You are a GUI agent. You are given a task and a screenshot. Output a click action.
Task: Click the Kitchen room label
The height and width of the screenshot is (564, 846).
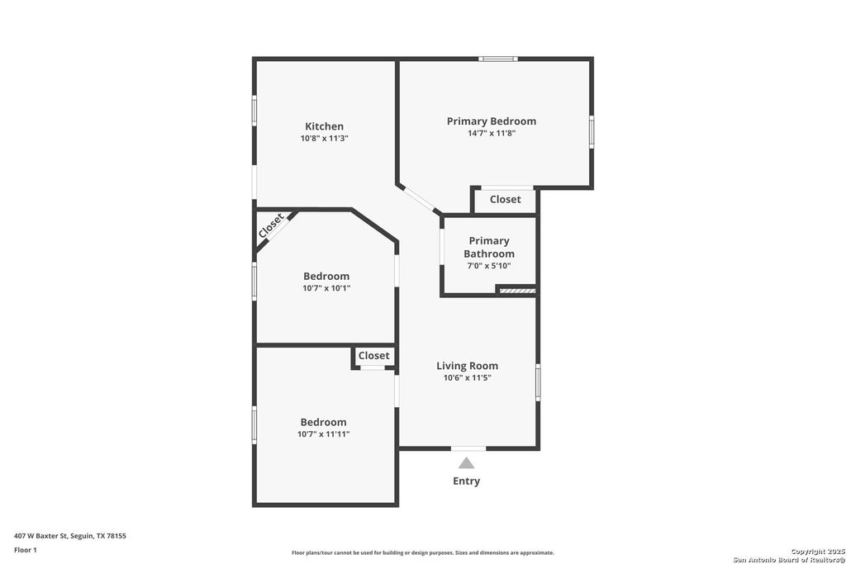pyautogui.click(x=324, y=126)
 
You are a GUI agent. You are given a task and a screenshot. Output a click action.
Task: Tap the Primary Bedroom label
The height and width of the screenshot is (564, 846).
pyautogui.click(x=491, y=121)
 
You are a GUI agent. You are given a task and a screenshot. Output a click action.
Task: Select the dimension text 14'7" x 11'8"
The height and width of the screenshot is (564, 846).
pyautogui.click(x=491, y=133)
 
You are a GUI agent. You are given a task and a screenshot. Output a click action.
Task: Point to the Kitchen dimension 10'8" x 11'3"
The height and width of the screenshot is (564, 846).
pyautogui.click(x=324, y=139)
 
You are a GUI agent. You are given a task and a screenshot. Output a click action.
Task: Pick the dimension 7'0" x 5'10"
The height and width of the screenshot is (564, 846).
pyautogui.click(x=489, y=266)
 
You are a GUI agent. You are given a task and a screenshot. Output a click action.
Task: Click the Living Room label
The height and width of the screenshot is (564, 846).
pyautogui.click(x=467, y=366)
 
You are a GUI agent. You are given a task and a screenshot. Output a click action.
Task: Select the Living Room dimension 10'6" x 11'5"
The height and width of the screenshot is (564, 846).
pyautogui.click(x=467, y=378)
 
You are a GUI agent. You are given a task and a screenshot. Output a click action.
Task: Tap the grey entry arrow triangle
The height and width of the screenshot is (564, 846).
pyautogui.click(x=467, y=463)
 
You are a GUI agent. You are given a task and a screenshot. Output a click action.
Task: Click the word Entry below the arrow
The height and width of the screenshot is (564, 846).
pyautogui.click(x=466, y=481)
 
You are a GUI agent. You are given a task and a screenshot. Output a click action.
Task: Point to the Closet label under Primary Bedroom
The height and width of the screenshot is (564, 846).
pyautogui.click(x=505, y=199)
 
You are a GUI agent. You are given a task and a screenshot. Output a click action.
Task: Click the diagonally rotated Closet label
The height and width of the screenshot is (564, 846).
pyautogui.click(x=271, y=226)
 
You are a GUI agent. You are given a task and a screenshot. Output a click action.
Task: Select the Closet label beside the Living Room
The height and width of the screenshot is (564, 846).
pyautogui.click(x=373, y=356)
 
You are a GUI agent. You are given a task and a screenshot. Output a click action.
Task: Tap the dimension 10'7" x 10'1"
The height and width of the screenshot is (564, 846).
pyautogui.click(x=326, y=288)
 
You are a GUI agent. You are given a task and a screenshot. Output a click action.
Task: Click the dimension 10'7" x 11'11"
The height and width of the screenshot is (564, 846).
pyautogui.click(x=323, y=434)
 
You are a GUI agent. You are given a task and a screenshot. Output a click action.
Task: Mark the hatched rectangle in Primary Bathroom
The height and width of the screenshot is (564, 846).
pyautogui.click(x=517, y=291)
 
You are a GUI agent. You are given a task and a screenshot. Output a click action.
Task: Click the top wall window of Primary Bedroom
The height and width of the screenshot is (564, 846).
pyautogui.click(x=498, y=59)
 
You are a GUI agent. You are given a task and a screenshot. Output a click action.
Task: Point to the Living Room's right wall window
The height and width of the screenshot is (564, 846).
pyautogui.click(x=538, y=383)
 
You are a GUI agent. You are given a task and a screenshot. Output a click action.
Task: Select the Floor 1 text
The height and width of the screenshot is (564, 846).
pyautogui.click(x=26, y=550)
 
